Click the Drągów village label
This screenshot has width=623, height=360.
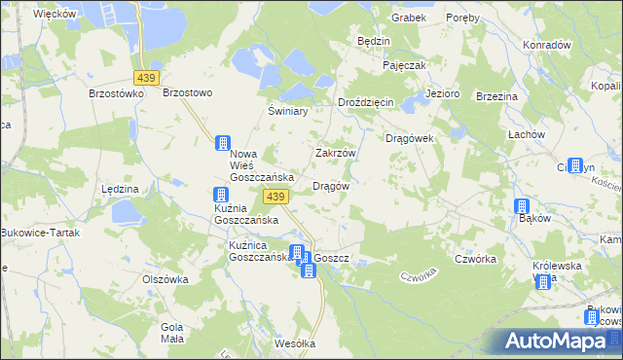(331, 186)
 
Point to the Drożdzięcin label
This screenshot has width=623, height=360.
(365, 103)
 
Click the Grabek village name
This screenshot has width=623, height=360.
(409, 18)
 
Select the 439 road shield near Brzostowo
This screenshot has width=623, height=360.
(147, 77)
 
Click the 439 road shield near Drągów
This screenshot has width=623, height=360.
(275, 197)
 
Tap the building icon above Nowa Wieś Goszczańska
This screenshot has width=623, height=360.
(223, 143)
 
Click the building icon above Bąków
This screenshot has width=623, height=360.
(522, 205)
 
